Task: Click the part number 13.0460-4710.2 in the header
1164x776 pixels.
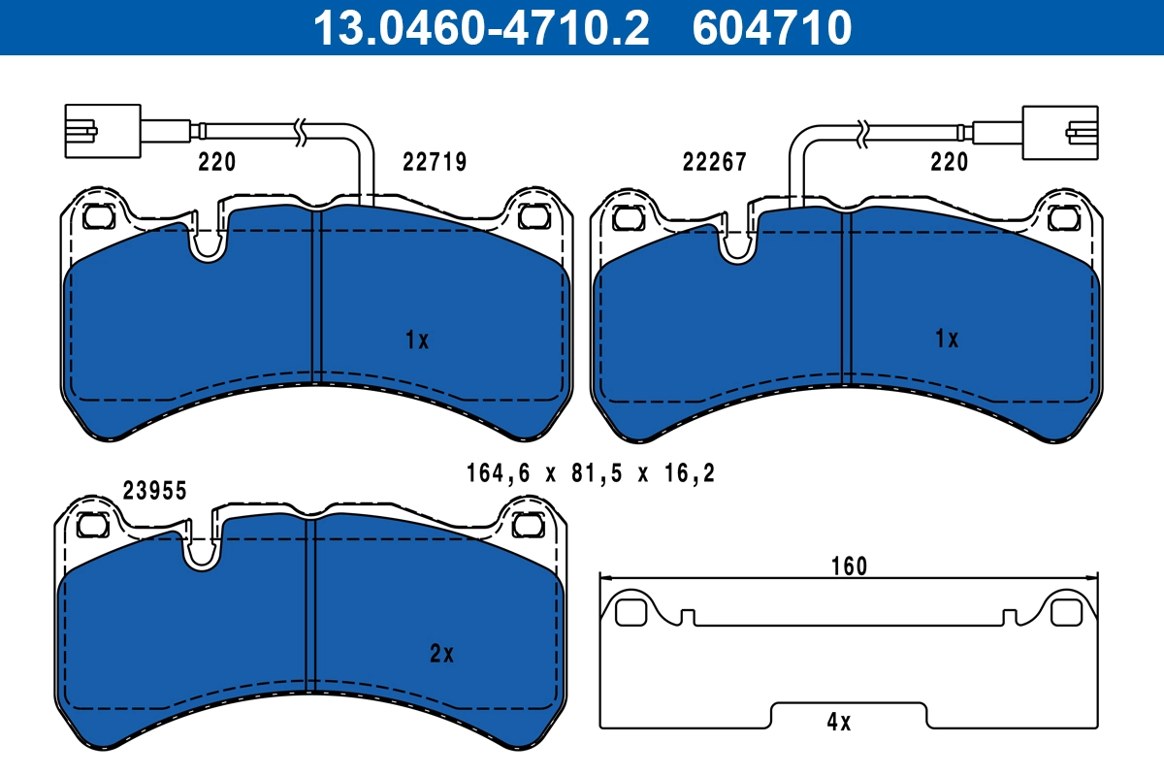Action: [x=479, y=27]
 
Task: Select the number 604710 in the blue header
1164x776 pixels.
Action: [x=772, y=27]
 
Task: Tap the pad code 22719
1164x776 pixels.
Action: [x=435, y=162]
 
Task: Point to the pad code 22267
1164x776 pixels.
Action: [x=715, y=162]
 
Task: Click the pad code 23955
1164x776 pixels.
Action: [x=155, y=491]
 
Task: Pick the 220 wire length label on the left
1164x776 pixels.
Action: [x=216, y=162]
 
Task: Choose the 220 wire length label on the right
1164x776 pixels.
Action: [x=949, y=162]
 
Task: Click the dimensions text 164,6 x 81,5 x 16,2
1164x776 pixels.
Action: [x=592, y=473]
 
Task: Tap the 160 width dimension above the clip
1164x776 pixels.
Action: [x=849, y=566]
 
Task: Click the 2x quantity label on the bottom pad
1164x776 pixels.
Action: [x=441, y=654]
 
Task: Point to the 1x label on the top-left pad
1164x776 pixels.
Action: [x=417, y=339]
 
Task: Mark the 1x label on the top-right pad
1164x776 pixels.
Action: [x=947, y=339]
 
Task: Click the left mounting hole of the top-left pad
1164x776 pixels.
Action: [x=98, y=217]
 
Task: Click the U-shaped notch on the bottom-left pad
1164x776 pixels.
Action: [x=202, y=551]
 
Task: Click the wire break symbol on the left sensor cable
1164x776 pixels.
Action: [x=302, y=129]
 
